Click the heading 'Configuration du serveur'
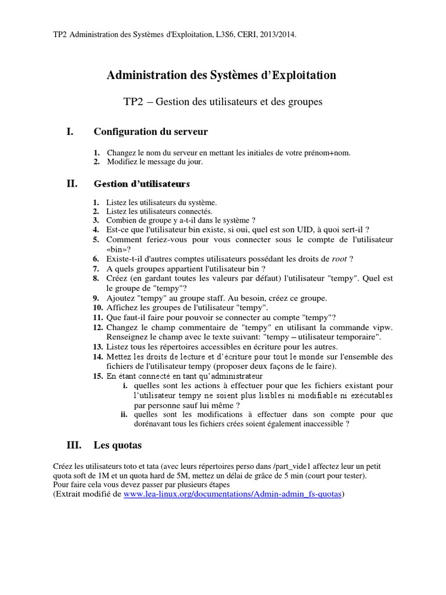(150, 132)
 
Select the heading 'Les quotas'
(117, 446)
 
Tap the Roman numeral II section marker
(72, 184)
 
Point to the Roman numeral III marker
(74, 446)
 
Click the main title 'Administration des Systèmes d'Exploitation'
(222, 75)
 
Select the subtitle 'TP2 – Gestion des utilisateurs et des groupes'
(222, 102)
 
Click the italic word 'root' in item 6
(339, 259)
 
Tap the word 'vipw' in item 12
(382, 327)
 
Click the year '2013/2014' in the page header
(276, 35)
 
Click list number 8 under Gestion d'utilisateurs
(96, 278)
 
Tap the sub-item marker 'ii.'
(124, 414)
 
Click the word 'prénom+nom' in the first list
(328, 153)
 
